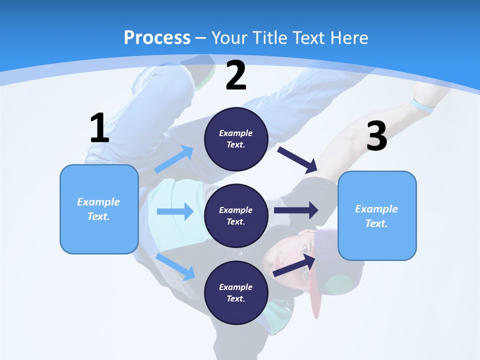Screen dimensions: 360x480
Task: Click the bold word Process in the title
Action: [x=157, y=37]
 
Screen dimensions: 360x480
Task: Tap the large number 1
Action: [x=99, y=128]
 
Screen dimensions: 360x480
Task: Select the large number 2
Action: [x=236, y=76]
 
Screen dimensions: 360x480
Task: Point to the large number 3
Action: [x=376, y=136]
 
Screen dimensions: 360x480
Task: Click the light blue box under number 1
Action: [x=99, y=209]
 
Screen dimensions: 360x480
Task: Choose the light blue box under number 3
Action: [x=377, y=215]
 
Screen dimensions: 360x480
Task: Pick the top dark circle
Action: [x=236, y=139]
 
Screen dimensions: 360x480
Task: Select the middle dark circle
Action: [x=236, y=215]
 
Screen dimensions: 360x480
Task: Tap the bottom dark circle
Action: [x=236, y=292]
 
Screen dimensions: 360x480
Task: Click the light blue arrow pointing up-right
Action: [x=174, y=159]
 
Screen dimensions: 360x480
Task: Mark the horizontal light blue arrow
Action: [x=175, y=211]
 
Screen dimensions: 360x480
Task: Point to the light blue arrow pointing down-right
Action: [x=175, y=266]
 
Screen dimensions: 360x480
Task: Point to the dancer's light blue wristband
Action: [x=421, y=106]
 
